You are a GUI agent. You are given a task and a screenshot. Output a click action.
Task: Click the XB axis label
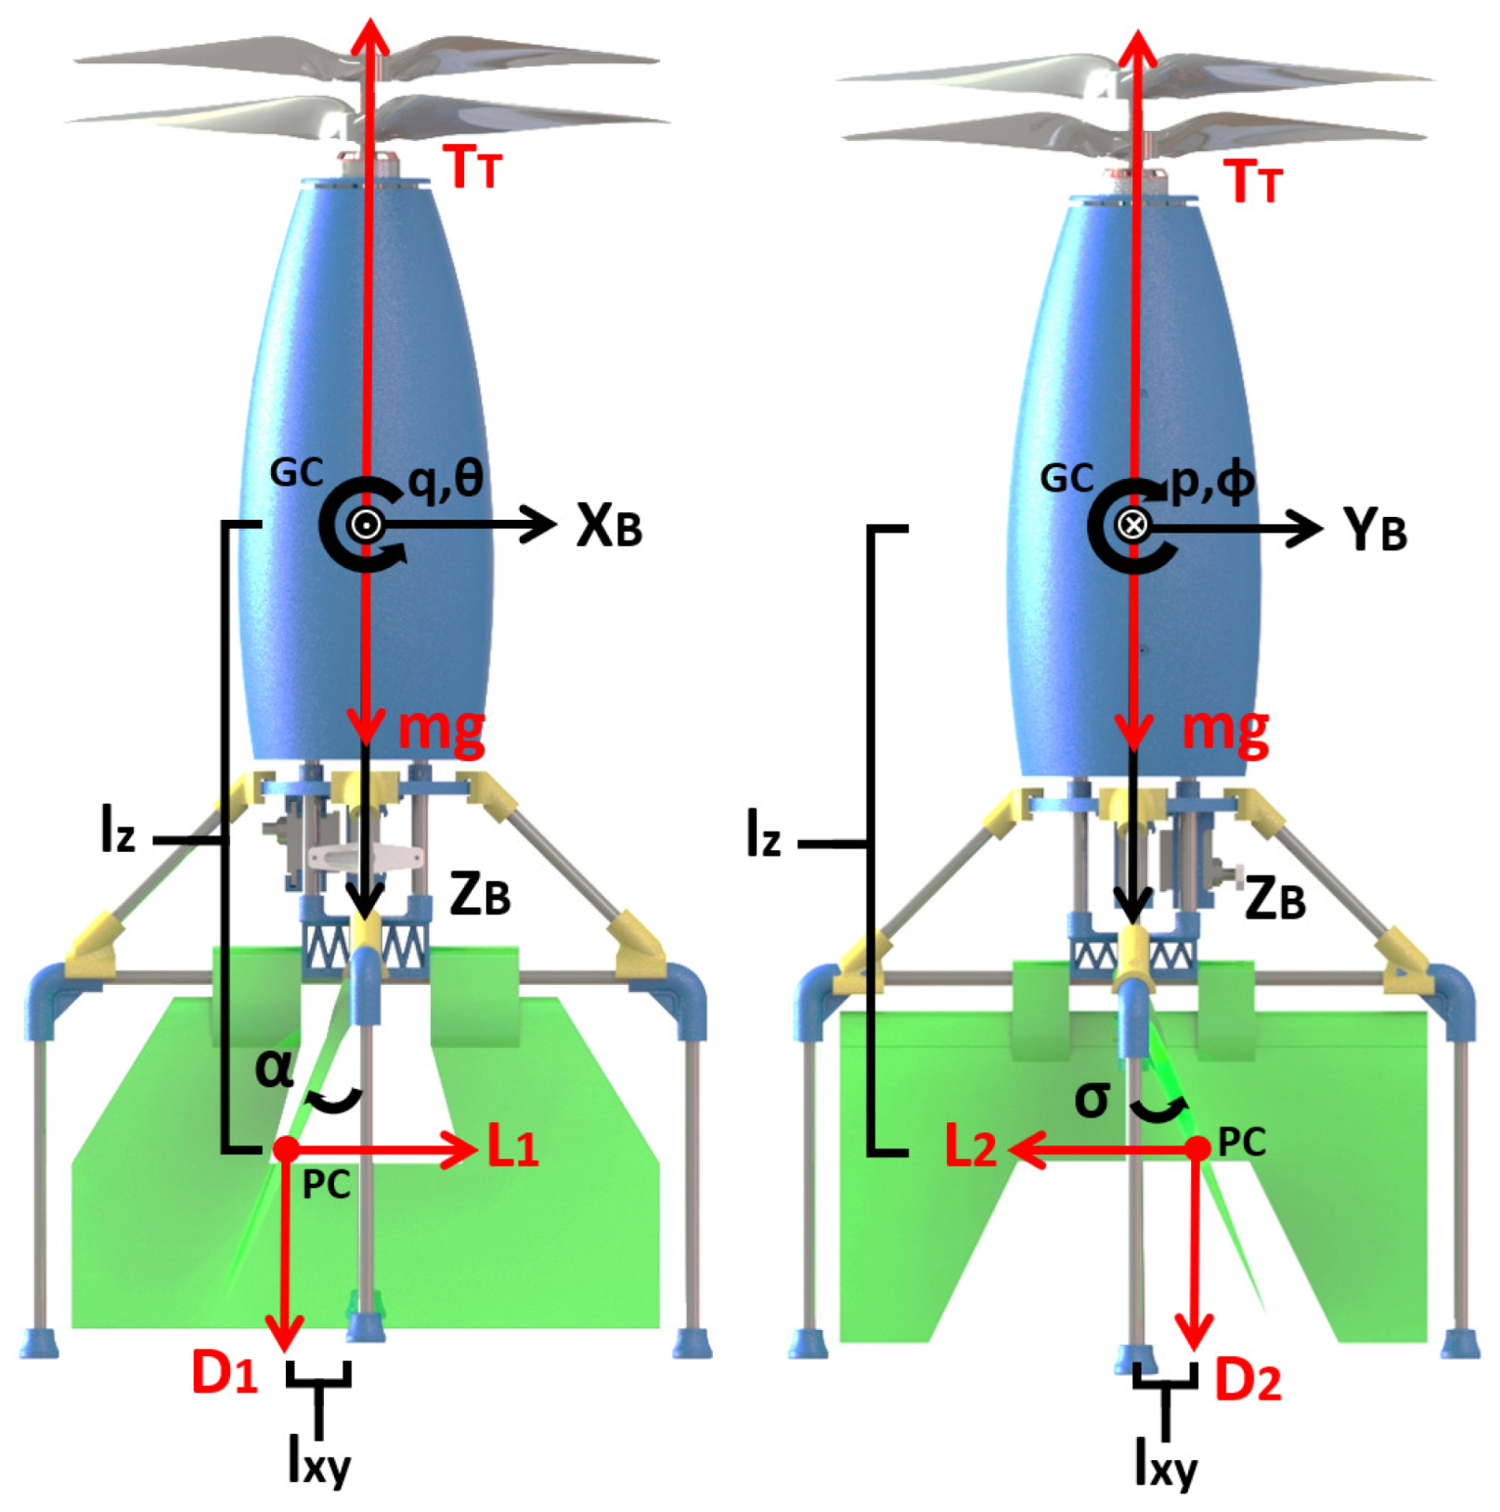609,526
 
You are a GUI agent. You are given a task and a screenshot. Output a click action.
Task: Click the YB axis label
1375,530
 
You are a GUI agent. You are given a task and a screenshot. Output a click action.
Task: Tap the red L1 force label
512,1150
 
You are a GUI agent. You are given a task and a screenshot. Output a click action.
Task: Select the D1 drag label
224,1372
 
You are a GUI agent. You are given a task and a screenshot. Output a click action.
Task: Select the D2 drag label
1248,1381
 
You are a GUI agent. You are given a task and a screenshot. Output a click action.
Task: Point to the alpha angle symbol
274,1068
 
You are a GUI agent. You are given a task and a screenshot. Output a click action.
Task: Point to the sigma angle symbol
1092,1100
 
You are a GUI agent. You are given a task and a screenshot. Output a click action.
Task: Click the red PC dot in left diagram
286,1150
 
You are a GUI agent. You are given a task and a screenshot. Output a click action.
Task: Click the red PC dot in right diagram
1199,1149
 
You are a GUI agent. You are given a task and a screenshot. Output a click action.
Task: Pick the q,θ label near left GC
446,481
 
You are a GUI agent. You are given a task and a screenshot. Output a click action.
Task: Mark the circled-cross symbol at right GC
1131,525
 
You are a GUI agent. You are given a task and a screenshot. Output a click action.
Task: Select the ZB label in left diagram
480,896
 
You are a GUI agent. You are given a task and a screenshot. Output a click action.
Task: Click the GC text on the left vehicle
296,473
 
